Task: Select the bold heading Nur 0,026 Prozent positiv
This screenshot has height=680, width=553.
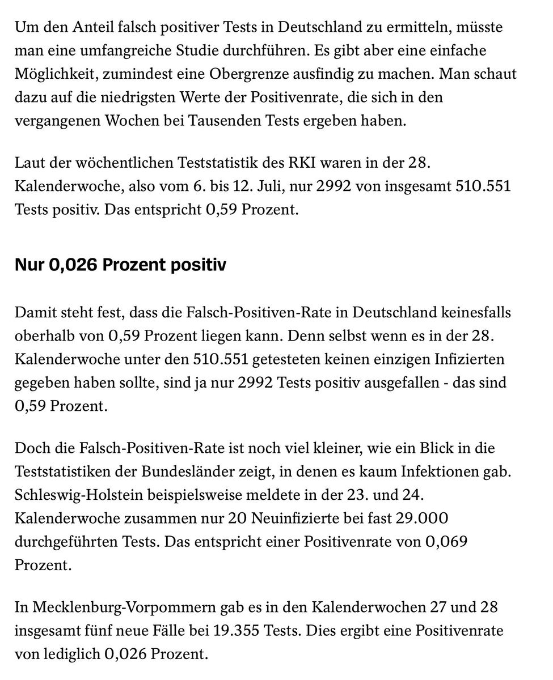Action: tap(120, 265)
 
